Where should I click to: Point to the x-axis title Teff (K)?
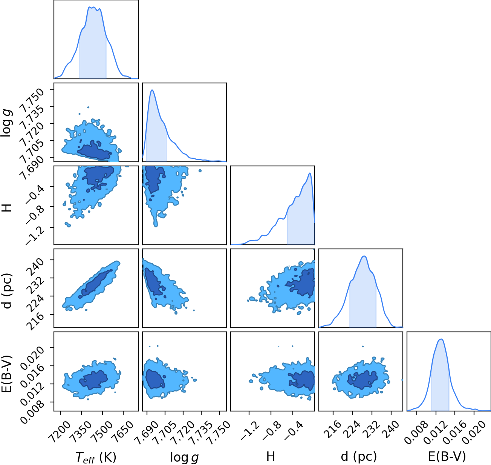tap(96, 457)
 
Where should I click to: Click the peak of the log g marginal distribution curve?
tap(152, 90)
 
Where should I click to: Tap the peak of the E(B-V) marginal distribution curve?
tap(441, 339)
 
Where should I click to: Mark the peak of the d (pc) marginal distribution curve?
tap(364, 256)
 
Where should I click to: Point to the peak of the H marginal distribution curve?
tap(310, 173)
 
